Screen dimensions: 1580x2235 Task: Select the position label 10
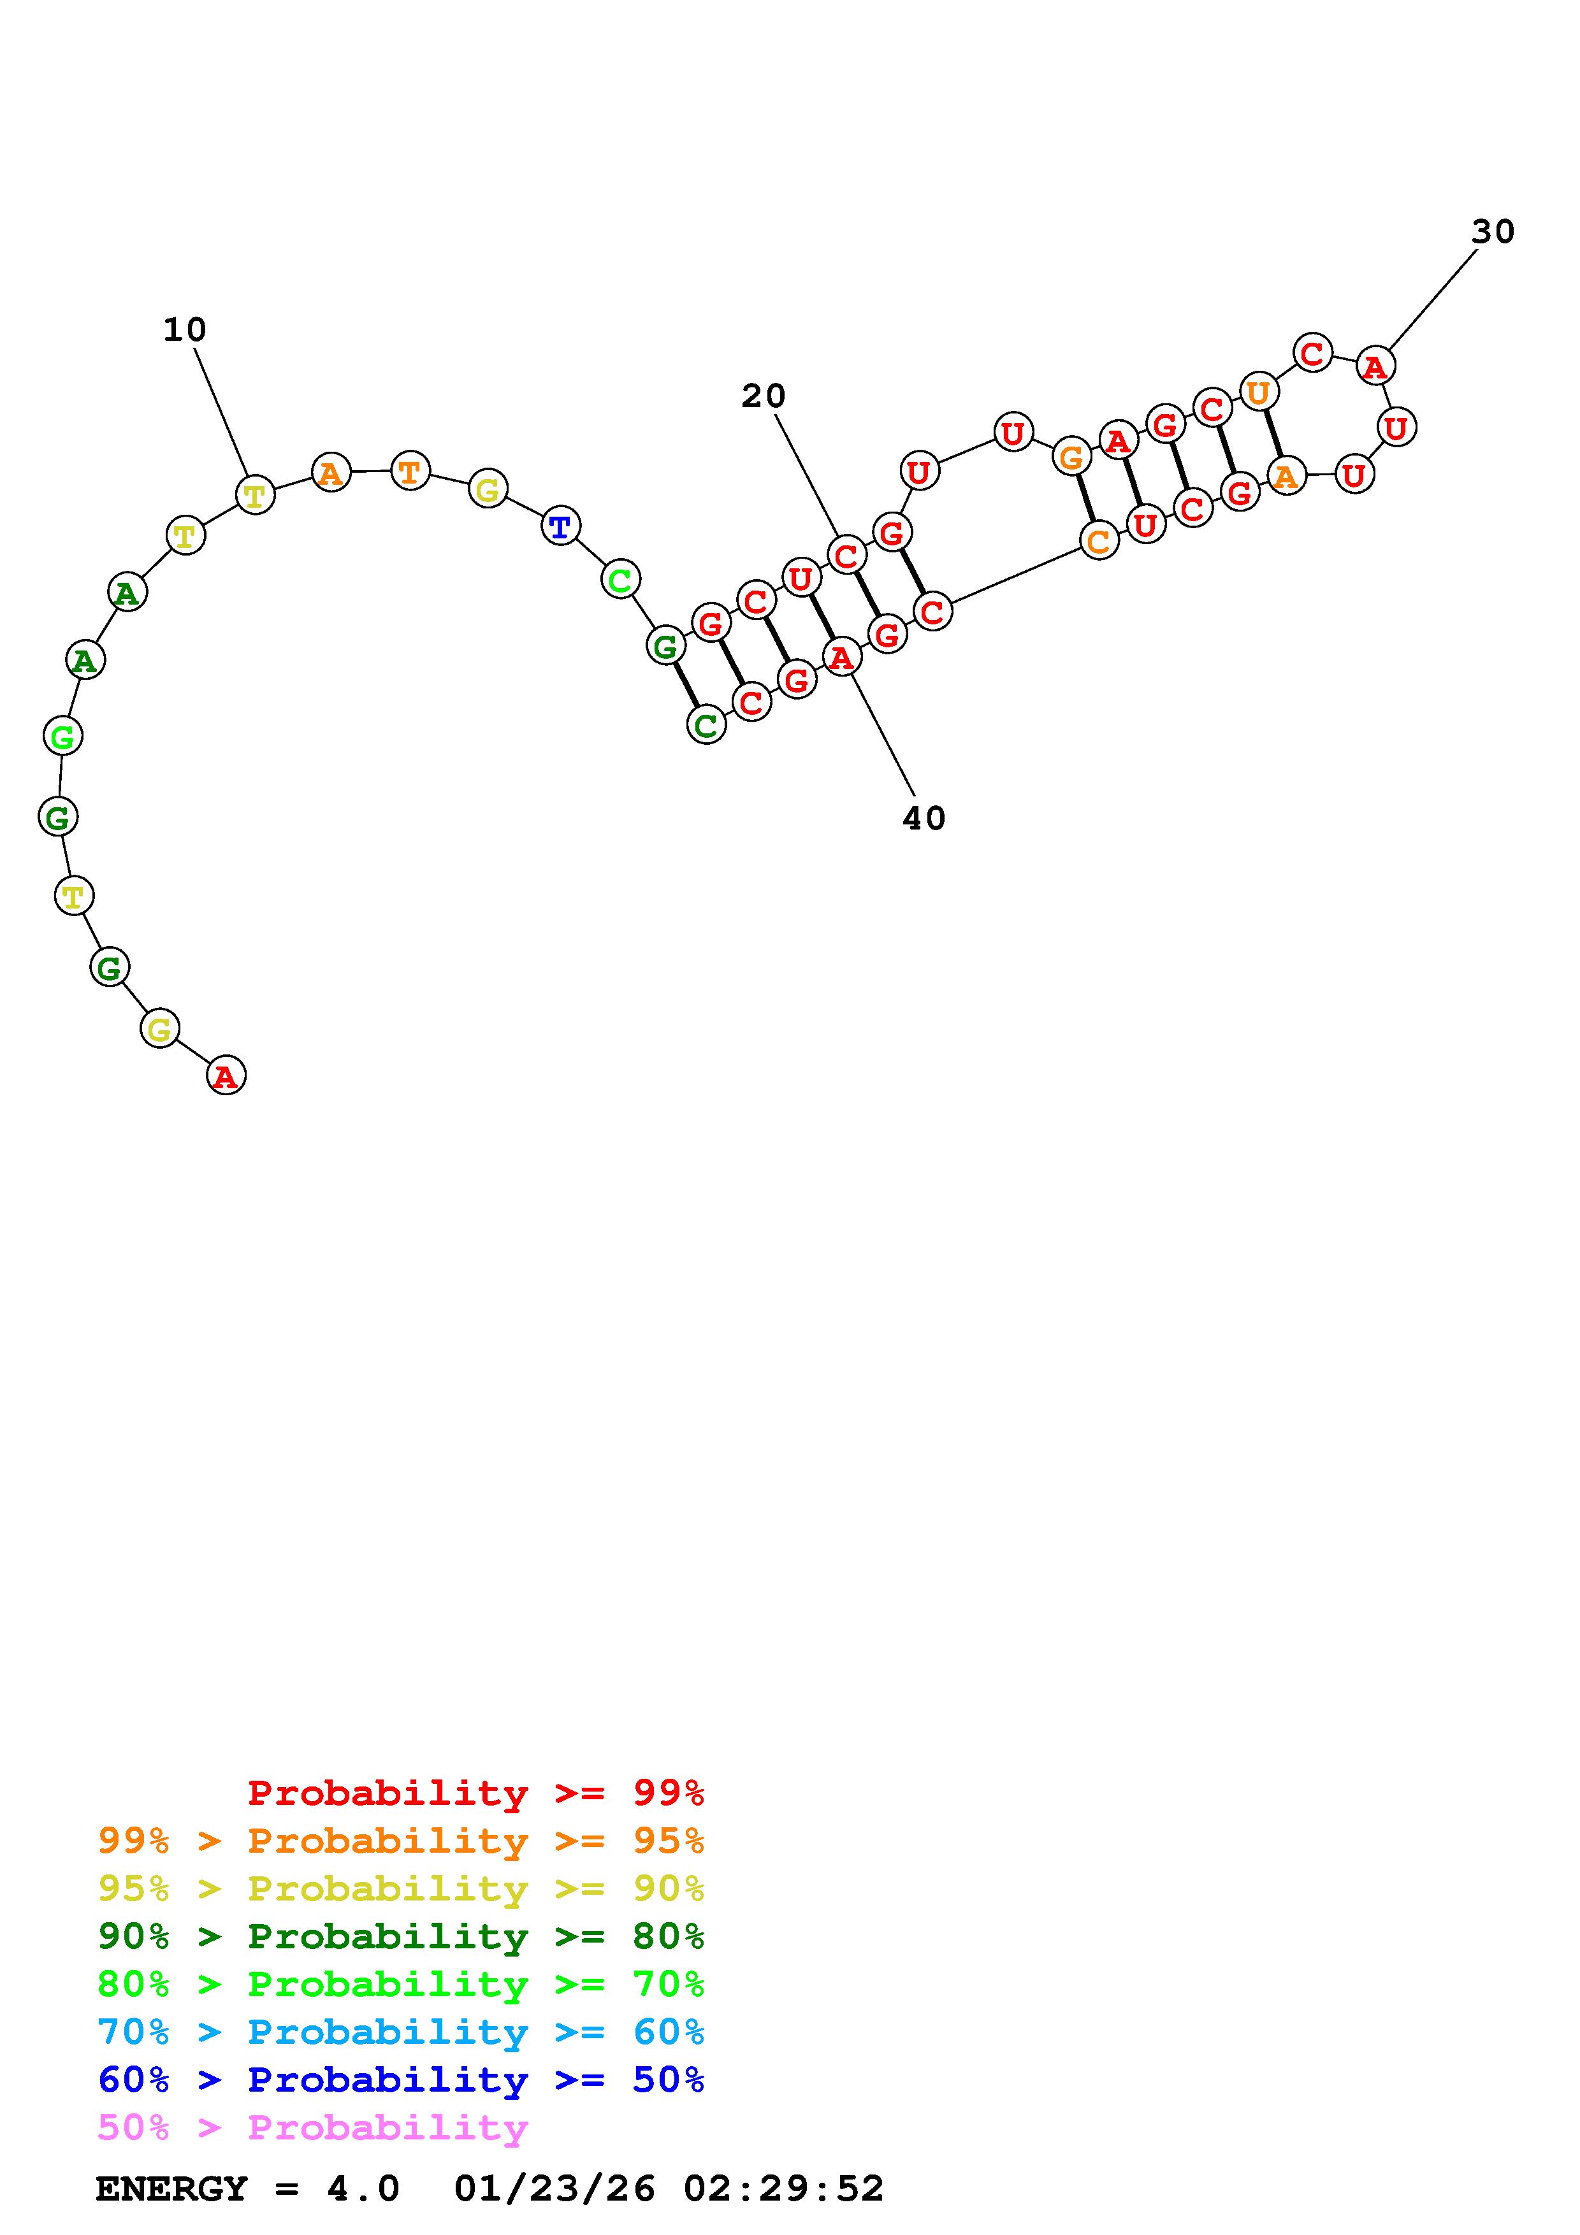point(185,330)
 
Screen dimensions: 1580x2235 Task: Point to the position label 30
point(1493,232)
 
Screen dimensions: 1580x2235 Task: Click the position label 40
point(924,819)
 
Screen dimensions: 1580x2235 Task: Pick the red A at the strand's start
point(226,1075)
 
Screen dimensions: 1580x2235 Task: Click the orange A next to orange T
point(331,473)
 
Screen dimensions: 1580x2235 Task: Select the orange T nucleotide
point(410,471)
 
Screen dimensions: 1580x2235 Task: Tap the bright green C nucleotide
point(620,580)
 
